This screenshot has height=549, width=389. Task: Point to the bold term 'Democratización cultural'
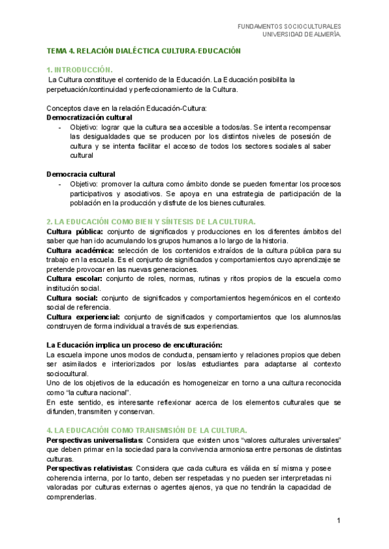point(89,118)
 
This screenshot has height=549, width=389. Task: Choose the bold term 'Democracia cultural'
point(81,174)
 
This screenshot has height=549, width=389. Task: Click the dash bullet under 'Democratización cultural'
point(60,128)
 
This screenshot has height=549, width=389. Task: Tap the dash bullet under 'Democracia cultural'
point(60,184)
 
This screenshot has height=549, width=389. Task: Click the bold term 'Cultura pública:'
point(75,231)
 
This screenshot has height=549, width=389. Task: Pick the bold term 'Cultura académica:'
point(81,250)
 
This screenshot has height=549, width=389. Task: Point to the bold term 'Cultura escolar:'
point(75,278)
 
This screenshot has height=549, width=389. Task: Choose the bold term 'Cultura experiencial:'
point(84,317)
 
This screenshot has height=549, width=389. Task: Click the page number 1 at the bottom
point(338,521)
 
